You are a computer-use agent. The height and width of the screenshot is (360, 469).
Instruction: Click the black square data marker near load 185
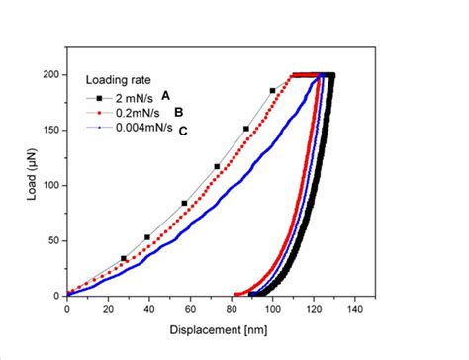pyautogui.click(x=273, y=91)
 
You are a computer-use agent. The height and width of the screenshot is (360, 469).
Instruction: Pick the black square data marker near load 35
pyautogui.click(x=124, y=258)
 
